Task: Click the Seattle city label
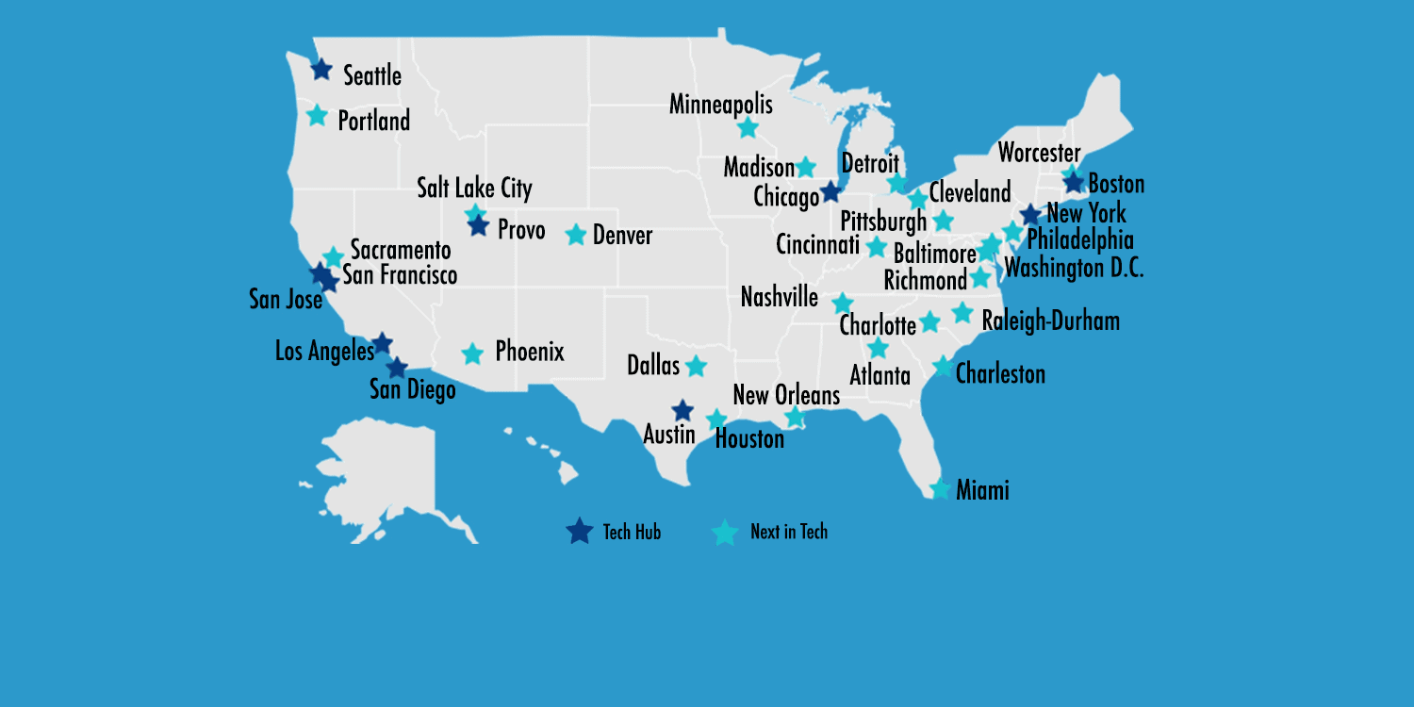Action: [x=372, y=75]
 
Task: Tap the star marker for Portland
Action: [x=318, y=116]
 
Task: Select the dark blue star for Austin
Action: [x=682, y=411]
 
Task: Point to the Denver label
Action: [x=622, y=235]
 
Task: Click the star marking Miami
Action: [x=940, y=489]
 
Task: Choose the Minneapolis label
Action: [x=721, y=104]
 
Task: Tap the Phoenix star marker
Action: [x=473, y=354]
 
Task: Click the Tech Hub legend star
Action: [x=579, y=532]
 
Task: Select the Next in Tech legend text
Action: [x=789, y=532]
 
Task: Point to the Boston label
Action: [x=1116, y=183]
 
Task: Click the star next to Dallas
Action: [x=696, y=366]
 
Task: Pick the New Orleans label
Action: [x=786, y=395]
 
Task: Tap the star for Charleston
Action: [x=943, y=367]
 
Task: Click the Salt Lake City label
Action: [x=475, y=188]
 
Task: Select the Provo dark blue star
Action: [x=478, y=226]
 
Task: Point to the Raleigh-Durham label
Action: [x=1051, y=321]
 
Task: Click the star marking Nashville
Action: [x=843, y=304]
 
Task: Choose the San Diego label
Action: [x=413, y=389]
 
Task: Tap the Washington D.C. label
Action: [x=1074, y=268]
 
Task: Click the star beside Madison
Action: [x=805, y=168]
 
